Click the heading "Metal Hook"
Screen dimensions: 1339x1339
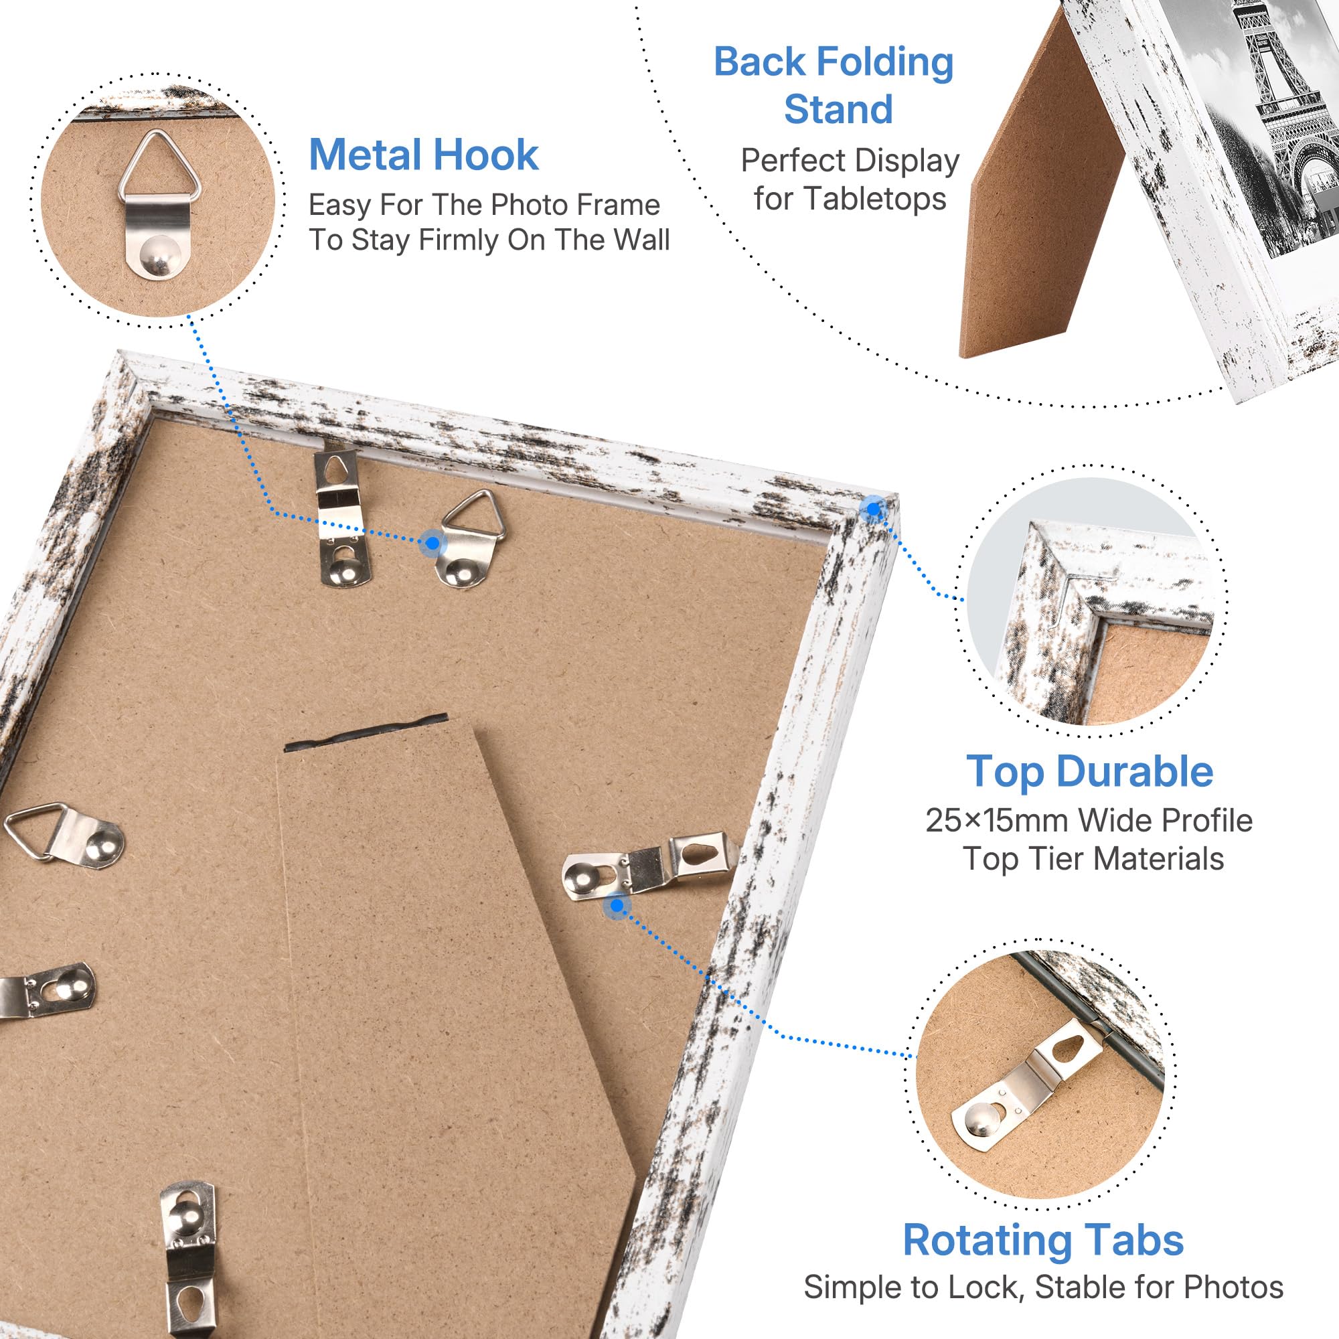click(x=424, y=155)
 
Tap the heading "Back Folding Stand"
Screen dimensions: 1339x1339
click(x=834, y=85)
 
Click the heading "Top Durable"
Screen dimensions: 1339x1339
click(x=1089, y=771)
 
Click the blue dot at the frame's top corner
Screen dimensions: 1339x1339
click(x=873, y=509)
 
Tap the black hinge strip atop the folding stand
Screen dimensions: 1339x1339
click(x=366, y=733)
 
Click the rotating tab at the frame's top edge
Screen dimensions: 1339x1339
click(x=341, y=516)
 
